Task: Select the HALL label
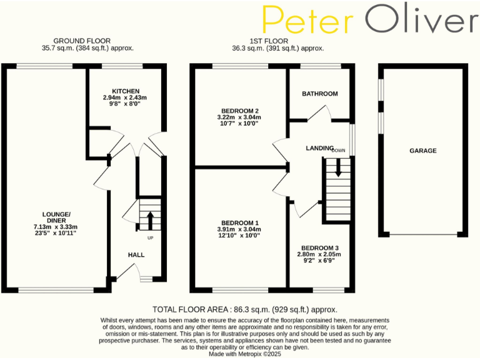click(136, 255)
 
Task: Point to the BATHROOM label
click(319, 94)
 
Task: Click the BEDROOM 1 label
click(239, 223)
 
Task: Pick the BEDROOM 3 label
click(319, 247)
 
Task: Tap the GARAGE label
click(423, 151)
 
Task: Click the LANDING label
click(319, 147)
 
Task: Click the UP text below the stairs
click(150, 239)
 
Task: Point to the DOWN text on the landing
click(338, 151)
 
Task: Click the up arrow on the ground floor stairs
click(150, 221)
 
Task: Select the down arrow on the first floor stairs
click(338, 166)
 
